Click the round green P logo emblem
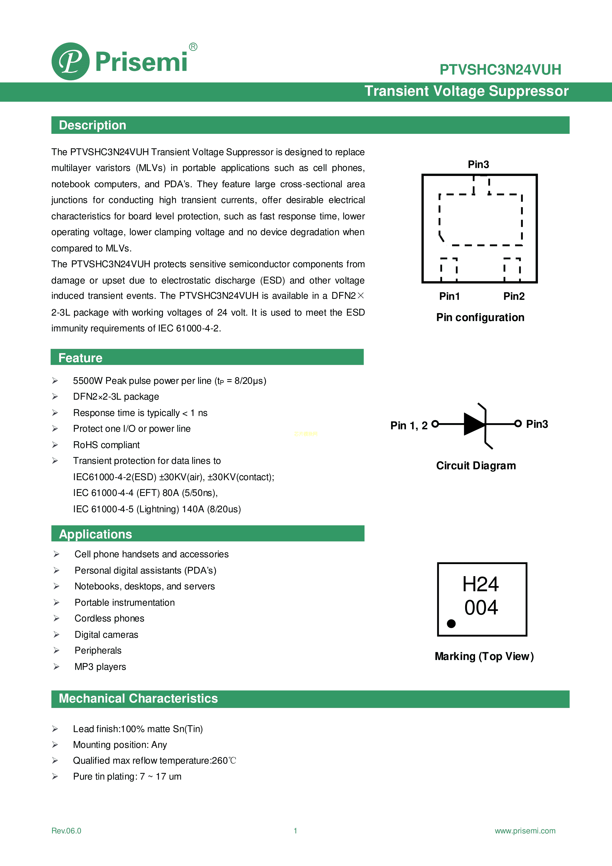coord(71,61)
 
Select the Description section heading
coord(92,125)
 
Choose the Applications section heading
coord(96,534)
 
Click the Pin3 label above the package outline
coord(478,164)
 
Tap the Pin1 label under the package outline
coord(449,296)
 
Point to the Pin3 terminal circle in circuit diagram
coord(518,424)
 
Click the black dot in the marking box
coord(451,624)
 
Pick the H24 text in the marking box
coord(480,584)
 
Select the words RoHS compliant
coord(106,445)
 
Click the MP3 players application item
coord(100,667)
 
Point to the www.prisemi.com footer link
coord(525,830)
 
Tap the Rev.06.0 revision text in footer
coord(66,830)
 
